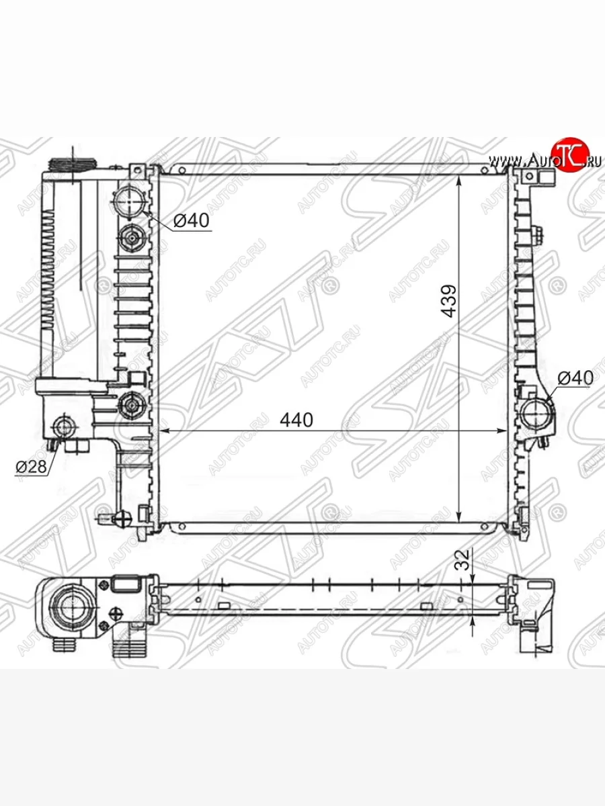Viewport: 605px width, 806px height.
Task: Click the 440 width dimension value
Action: click(296, 420)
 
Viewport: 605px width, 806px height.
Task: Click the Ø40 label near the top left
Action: click(191, 220)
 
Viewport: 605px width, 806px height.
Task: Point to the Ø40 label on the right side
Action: click(575, 378)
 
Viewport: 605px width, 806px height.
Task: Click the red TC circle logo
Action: click(569, 154)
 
